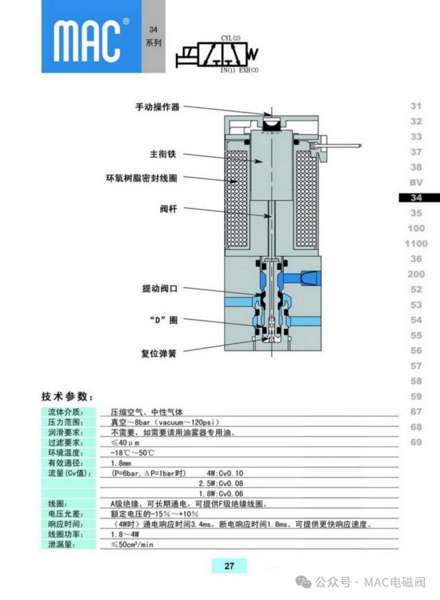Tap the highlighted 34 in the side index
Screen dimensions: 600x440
coord(416,197)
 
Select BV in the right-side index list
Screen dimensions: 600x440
coord(416,182)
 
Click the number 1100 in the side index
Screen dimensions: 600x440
coord(416,243)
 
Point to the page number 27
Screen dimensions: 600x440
coord(229,566)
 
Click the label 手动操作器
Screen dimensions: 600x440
coord(157,107)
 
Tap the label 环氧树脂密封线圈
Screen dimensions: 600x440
coord(141,178)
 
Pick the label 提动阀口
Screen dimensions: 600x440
coord(160,288)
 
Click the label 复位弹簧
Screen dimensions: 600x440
coord(158,353)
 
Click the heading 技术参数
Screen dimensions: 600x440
coord(68,396)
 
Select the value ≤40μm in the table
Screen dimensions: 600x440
coord(126,442)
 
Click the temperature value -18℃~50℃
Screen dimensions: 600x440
coord(133,452)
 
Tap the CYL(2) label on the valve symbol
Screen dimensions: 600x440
coord(231,38)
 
